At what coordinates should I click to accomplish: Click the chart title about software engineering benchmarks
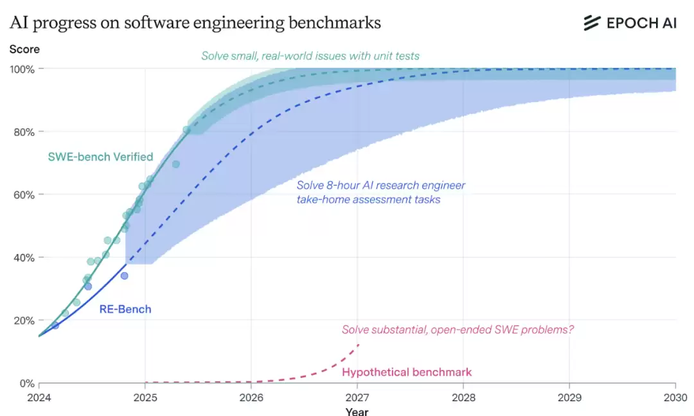pyautogui.click(x=195, y=22)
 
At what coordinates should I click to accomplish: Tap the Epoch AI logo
pyautogui.click(x=630, y=23)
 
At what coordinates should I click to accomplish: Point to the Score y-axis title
pyautogui.click(x=24, y=49)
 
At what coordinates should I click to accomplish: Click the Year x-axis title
pyautogui.click(x=357, y=411)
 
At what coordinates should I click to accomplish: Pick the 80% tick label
pyautogui.click(x=24, y=132)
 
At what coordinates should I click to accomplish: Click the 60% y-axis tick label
pyautogui.click(x=24, y=195)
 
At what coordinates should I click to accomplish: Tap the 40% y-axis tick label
pyautogui.click(x=24, y=257)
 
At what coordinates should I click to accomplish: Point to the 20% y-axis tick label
pyautogui.click(x=24, y=320)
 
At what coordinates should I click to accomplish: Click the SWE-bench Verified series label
pyautogui.click(x=100, y=157)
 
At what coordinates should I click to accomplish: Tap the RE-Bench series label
pyautogui.click(x=125, y=309)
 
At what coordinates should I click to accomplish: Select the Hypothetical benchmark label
pyautogui.click(x=407, y=372)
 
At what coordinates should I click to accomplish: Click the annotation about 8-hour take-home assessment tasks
pyautogui.click(x=380, y=193)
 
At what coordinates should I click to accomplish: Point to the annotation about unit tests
pyautogui.click(x=310, y=56)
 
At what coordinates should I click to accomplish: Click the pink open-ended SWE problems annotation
pyautogui.click(x=458, y=330)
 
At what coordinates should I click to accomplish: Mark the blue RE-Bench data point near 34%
pyautogui.click(x=124, y=275)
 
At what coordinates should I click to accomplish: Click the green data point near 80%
pyautogui.click(x=186, y=130)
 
